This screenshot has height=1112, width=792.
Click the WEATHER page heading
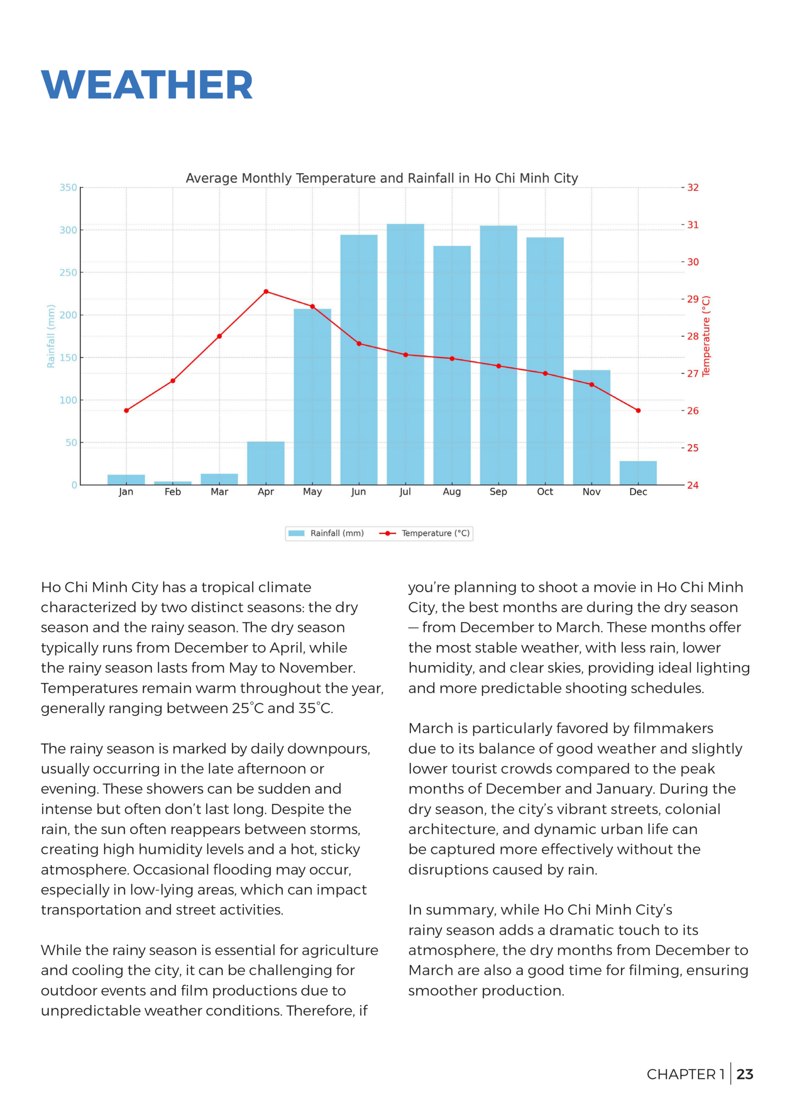click(x=147, y=85)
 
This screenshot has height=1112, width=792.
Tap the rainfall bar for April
click(x=266, y=463)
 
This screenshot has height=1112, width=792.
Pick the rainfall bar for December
click(x=638, y=473)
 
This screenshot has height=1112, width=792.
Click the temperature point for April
click(x=266, y=291)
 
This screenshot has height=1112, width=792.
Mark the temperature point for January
click(x=126, y=410)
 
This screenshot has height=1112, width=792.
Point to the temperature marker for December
click(x=638, y=410)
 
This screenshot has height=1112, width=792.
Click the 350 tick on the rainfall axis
click(x=68, y=188)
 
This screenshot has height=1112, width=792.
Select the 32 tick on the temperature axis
click(x=693, y=188)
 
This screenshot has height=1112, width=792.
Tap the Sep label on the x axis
click(x=498, y=492)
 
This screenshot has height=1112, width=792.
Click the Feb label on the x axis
click(x=173, y=492)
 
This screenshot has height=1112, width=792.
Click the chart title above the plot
click(x=382, y=178)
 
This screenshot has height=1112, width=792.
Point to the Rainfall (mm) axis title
click(x=51, y=336)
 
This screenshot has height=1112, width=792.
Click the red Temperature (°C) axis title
click(x=706, y=336)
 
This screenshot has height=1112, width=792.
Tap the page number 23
click(x=745, y=1074)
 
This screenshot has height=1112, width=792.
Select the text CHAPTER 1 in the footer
click(x=685, y=1074)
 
